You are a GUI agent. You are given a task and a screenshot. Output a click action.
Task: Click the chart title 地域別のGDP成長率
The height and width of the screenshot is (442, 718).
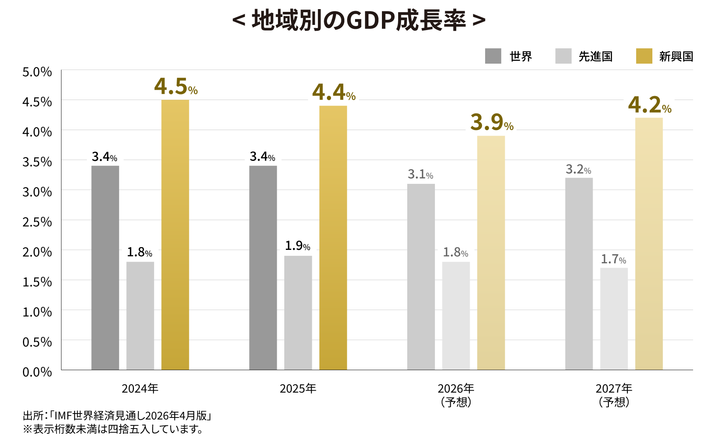[x=359, y=20]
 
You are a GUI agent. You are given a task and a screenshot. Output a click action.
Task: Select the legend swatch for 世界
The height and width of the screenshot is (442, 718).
[x=493, y=56]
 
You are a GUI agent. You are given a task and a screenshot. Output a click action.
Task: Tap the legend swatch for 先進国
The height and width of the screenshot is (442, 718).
[x=563, y=56]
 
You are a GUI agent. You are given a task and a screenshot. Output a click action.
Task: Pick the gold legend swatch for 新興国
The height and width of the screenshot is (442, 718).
[x=644, y=56]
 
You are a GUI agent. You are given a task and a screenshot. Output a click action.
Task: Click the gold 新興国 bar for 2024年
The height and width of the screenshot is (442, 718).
[x=175, y=235]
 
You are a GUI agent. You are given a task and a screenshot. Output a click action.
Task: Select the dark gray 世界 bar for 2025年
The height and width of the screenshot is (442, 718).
[x=263, y=268]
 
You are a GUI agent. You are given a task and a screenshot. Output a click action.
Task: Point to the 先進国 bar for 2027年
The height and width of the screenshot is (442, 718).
[x=614, y=319]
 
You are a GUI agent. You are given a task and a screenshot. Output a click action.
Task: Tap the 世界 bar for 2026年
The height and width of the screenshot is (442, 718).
[x=421, y=277]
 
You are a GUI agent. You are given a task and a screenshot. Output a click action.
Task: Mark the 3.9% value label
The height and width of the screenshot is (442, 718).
[x=492, y=122]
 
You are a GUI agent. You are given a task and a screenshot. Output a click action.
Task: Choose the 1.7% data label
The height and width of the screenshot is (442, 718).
[x=614, y=259]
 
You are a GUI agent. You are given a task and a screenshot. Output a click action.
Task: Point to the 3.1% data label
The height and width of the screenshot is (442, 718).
[x=421, y=174]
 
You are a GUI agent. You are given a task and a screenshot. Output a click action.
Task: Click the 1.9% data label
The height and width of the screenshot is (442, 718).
[x=298, y=246]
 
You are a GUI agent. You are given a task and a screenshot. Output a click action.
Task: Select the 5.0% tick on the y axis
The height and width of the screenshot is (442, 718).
[x=37, y=72]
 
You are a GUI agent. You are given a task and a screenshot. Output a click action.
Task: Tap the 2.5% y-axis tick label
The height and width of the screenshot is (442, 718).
[x=37, y=222]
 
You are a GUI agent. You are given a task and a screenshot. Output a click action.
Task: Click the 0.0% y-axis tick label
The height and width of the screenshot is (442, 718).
[x=37, y=372]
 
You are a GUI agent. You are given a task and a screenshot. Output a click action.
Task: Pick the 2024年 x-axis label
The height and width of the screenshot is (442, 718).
[x=140, y=389]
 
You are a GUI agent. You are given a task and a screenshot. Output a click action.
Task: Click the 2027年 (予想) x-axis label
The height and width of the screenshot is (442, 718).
[x=614, y=395]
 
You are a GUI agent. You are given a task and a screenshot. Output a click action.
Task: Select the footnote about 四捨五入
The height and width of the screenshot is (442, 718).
[x=113, y=429]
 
